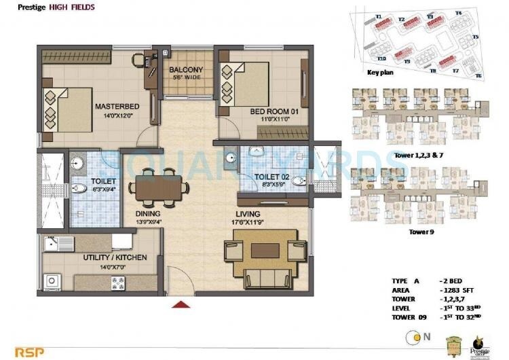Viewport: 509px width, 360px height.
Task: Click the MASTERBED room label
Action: (x=117, y=107)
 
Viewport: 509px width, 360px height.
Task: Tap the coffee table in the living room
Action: (x=266, y=251)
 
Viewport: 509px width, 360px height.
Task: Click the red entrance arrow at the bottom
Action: (x=180, y=305)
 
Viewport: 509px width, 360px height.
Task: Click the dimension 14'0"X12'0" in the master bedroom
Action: (x=117, y=115)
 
